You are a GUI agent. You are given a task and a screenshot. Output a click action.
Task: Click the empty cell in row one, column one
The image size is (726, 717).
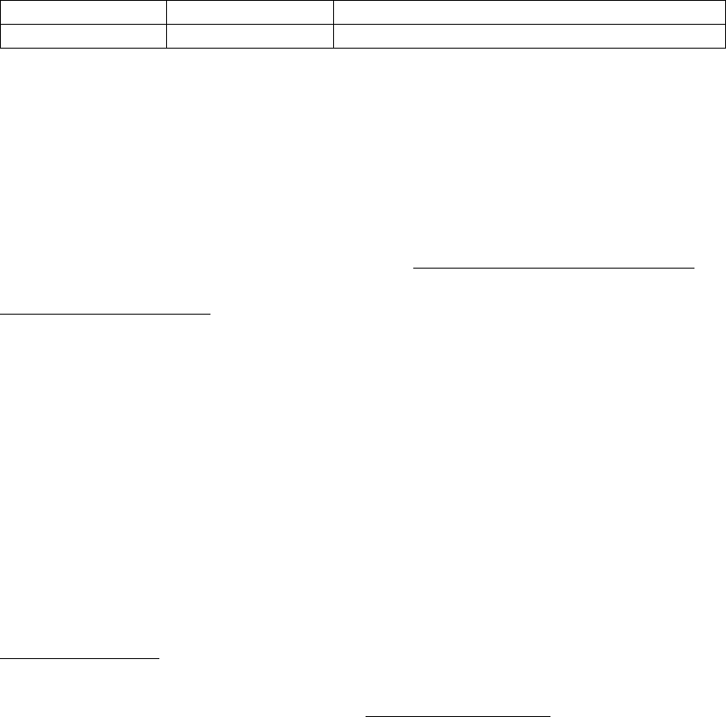point(84,13)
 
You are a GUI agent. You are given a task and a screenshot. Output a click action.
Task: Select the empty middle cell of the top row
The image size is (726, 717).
point(249,13)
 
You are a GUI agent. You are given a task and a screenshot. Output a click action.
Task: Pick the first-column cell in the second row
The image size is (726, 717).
point(84,36)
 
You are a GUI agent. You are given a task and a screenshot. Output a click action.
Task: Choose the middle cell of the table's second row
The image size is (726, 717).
point(249,36)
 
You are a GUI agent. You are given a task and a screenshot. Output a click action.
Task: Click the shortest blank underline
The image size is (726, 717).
point(80,657)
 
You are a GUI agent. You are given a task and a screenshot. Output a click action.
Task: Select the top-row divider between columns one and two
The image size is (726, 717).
point(166,13)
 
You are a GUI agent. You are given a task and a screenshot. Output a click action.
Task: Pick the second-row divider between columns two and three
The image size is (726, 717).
point(332,36)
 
